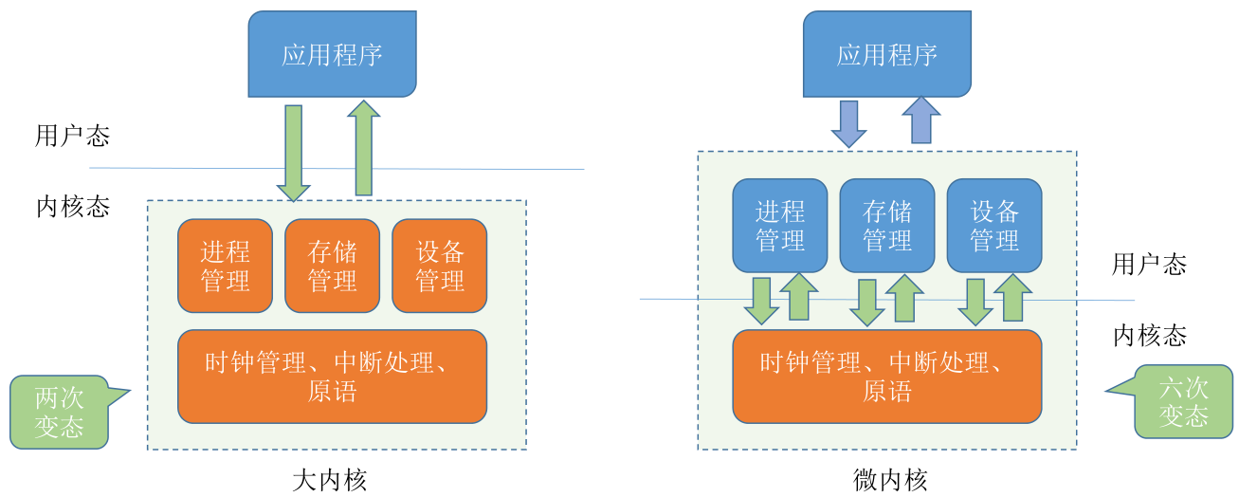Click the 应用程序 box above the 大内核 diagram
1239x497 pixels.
[332, 54]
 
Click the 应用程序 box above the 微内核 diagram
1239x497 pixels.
[886, 54]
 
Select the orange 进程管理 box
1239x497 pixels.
[225, 266]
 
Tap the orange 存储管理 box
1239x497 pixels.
[333, 266]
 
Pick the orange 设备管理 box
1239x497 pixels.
[440, 266]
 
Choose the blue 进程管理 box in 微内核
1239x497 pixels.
[780, 225]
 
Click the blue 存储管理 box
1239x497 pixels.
[887, 225]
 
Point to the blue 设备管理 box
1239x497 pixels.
[994, 225]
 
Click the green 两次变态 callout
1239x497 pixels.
[59, 413]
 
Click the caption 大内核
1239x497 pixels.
[330, 480]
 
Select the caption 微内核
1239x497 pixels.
[890, 480]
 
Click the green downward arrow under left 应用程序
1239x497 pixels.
[293, 154]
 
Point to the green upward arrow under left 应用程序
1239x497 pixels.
[363, 148]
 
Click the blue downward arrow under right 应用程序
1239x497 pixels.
[849, 124]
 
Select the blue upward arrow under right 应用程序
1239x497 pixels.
[920, 120]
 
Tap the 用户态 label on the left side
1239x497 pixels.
[72, 136]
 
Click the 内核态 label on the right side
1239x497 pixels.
[1150, 336]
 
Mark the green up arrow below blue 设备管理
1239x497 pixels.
[1012, 298]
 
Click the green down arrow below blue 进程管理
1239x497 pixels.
[761, 302]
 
